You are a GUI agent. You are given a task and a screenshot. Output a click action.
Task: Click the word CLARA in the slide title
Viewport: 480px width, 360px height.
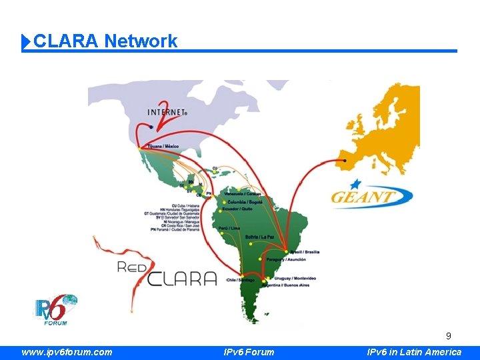pyautogui.click(x=66, y=41)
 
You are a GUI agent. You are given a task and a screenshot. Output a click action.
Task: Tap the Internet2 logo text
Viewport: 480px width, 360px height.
pyautogui.click(x=167, y=113)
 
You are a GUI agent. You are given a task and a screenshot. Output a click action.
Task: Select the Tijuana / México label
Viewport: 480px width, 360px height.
pyautogui.click(x=163, y=146)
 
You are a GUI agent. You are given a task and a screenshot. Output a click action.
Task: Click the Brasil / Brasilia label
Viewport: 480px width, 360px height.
pyautogui.click(x=305, y=252)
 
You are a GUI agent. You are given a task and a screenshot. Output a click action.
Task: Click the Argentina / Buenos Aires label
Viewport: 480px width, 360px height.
pyautogui.click(x=287, y=285)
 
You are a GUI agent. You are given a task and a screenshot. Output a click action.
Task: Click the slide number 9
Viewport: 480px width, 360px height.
pyautogui.click(x=449, y=336)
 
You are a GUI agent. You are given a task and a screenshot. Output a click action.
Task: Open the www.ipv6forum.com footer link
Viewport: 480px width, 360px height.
pyautogui.click(x=67, y=352)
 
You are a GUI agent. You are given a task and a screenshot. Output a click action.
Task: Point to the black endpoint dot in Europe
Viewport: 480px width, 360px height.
pyautogui.click(x=345, y=161)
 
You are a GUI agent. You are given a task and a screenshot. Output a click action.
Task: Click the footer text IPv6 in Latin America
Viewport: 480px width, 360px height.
pyautogui.click(x=415, y=352)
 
